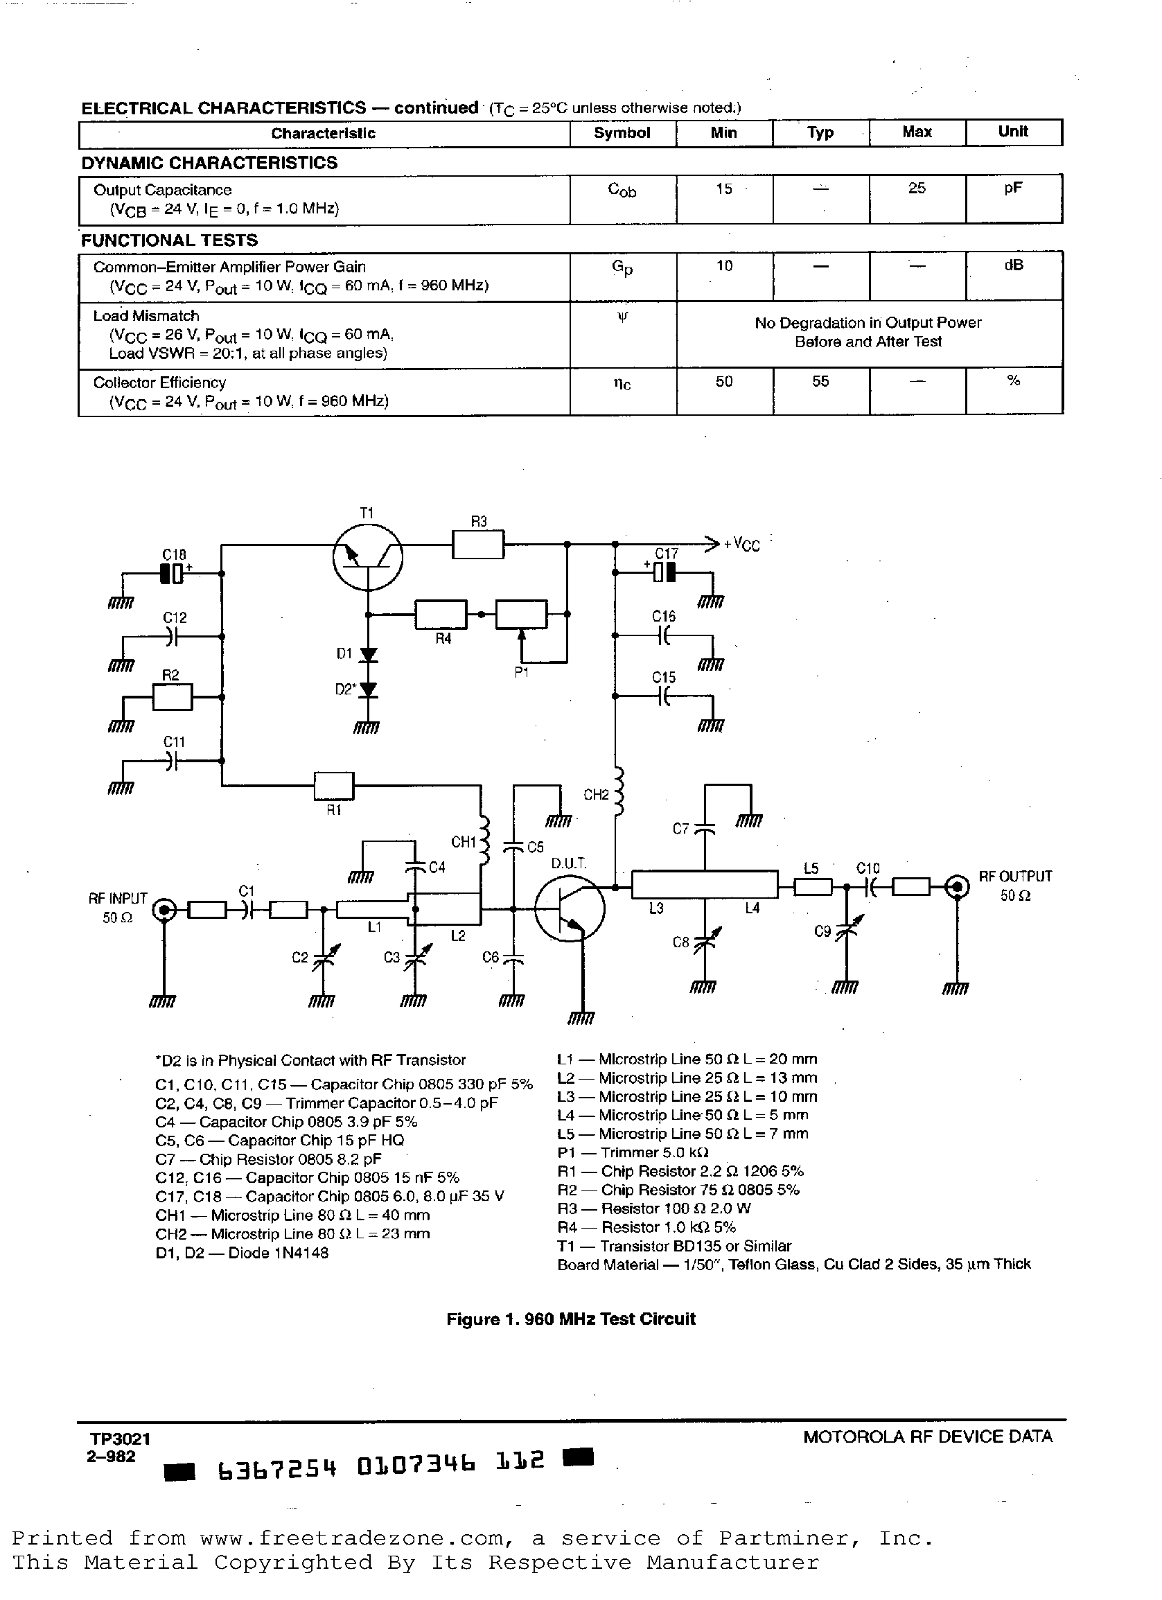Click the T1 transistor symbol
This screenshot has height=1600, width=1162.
point(367,556)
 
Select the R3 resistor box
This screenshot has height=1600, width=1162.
point(477,544)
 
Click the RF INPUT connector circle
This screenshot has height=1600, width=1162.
point(165,910)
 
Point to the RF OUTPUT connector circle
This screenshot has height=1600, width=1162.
point(957,886)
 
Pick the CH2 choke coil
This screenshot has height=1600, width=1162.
point(619,791)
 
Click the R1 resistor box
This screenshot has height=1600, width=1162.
point(334,784)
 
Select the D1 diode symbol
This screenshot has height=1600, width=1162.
point(367,655)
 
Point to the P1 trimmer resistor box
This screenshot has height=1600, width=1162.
point(521,614)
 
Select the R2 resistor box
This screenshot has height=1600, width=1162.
point(172,697)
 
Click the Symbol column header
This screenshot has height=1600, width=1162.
point(622,133)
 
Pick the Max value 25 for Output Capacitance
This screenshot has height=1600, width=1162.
point(917,188)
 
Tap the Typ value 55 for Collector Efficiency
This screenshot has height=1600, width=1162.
point(820,382)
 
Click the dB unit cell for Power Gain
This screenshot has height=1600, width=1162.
point(1013,265)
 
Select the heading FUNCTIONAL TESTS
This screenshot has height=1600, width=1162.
point(169,240)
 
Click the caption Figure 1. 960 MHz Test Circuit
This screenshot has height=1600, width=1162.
point(571,1319)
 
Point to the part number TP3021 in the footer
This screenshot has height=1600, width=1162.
point(120,1438)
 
